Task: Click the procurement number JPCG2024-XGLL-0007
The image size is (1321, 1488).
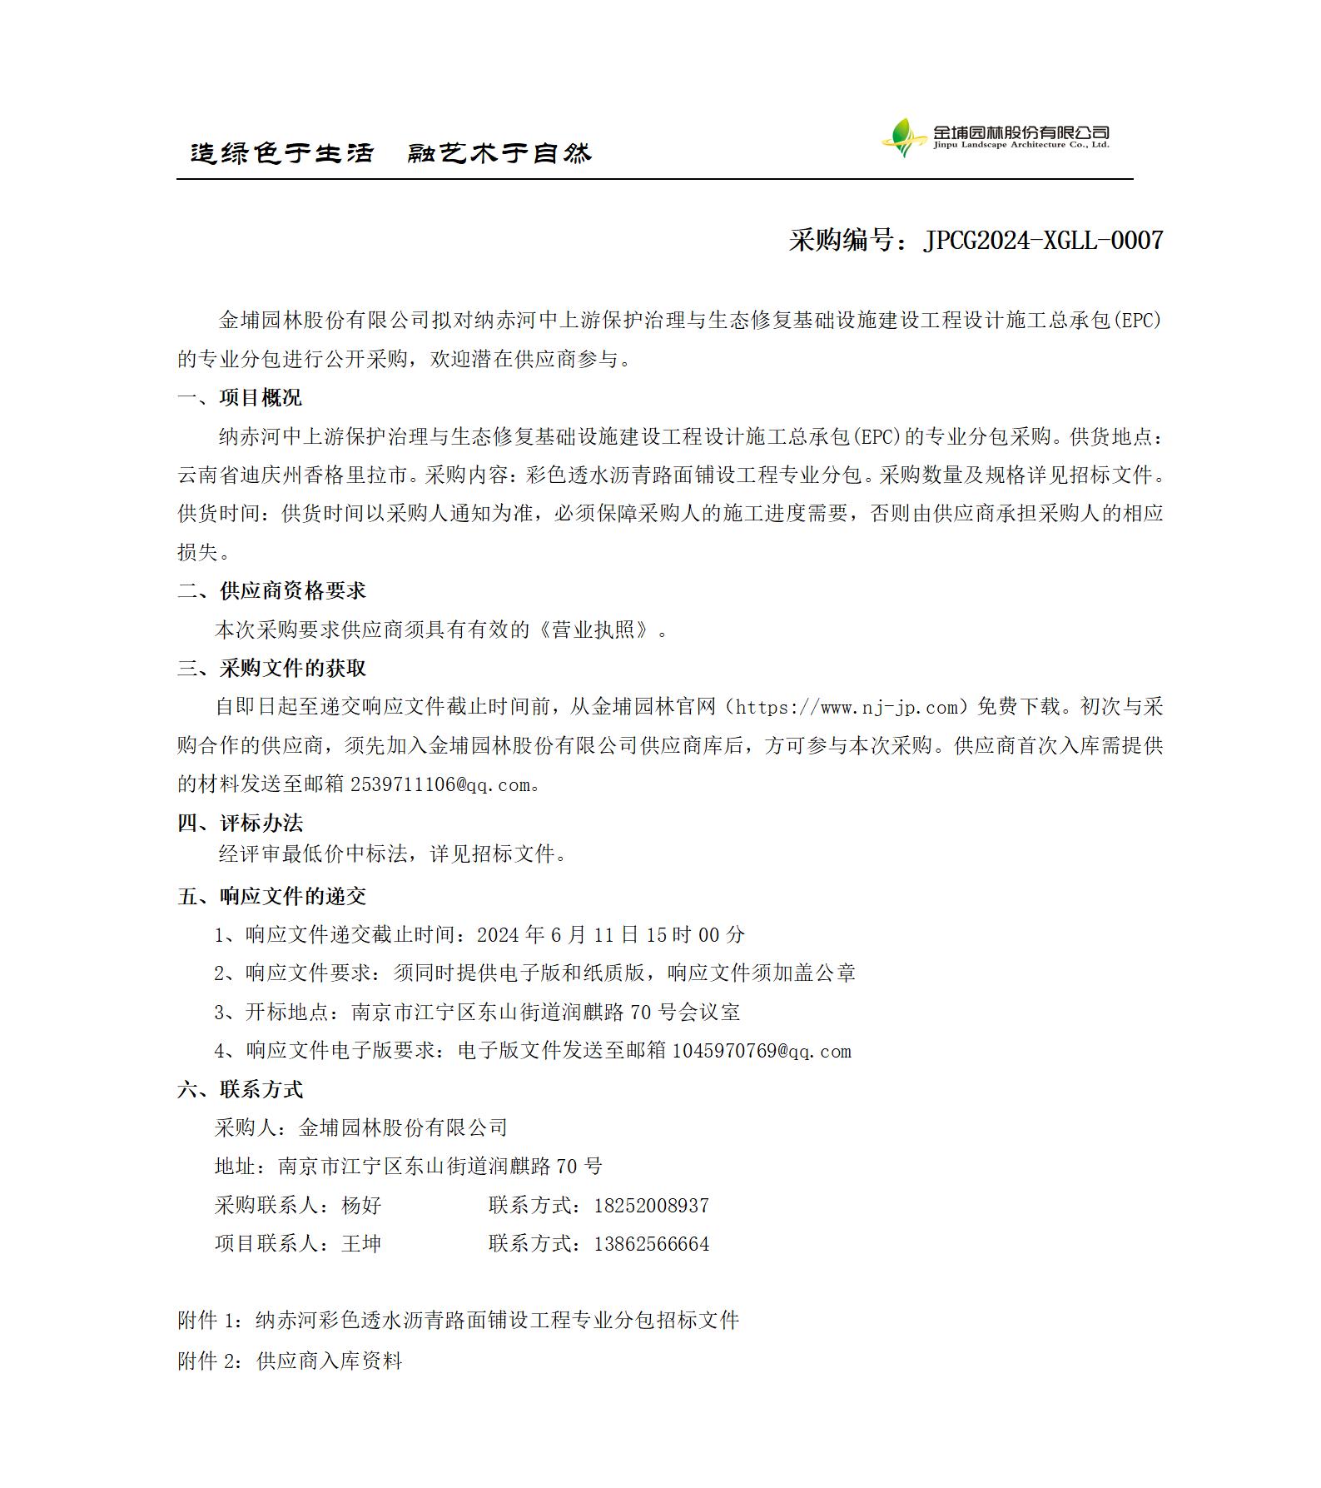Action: click(x=1043, y=241)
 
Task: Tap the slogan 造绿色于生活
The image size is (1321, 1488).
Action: click(x=282, y=153)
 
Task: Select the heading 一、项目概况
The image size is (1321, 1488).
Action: click(x=240, y=398)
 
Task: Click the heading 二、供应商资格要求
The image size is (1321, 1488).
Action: click(x=271, y=591)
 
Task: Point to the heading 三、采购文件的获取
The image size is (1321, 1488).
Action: click(x=271, y=669)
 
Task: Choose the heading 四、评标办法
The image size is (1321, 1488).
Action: click(x=240, y=824)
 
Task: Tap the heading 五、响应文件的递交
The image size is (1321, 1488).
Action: click(x=271, y=897)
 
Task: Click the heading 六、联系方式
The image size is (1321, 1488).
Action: click(x=240, y=1090)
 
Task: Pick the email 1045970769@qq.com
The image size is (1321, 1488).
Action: click(x=761, y=1052)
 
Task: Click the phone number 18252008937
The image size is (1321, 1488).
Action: click(x=651, y=1206)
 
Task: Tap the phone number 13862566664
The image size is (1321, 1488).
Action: click(x=651, y=1245)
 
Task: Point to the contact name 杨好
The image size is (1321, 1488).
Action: click(x=361, y=1206)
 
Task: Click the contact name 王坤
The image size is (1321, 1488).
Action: click(x=361, y=1245)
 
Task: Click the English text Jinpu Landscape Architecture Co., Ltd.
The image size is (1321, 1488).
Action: click(x=1021, y=146)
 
